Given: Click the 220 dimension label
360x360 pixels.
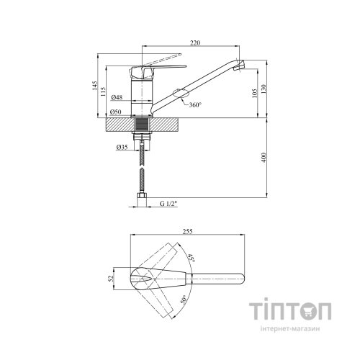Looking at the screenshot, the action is click(x=195, y=42).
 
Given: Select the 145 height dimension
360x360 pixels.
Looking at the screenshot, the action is click(x=95, y=86).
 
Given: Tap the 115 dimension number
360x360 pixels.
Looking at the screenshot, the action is click(x=103, y=91).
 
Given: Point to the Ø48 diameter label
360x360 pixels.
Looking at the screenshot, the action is click(x=117, y=97).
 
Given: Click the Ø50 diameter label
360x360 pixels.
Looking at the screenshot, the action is click(x=116, y=112).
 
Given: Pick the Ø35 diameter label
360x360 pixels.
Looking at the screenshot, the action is click(x=122, y=147).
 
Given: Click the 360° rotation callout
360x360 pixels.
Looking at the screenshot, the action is click(x=195, y=105).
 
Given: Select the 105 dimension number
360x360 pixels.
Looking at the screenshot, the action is click(x=255, y=93).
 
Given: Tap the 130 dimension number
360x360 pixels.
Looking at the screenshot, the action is click(x=264, y=89).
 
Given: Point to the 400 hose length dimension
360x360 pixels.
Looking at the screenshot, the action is click(x=264, y=158).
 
